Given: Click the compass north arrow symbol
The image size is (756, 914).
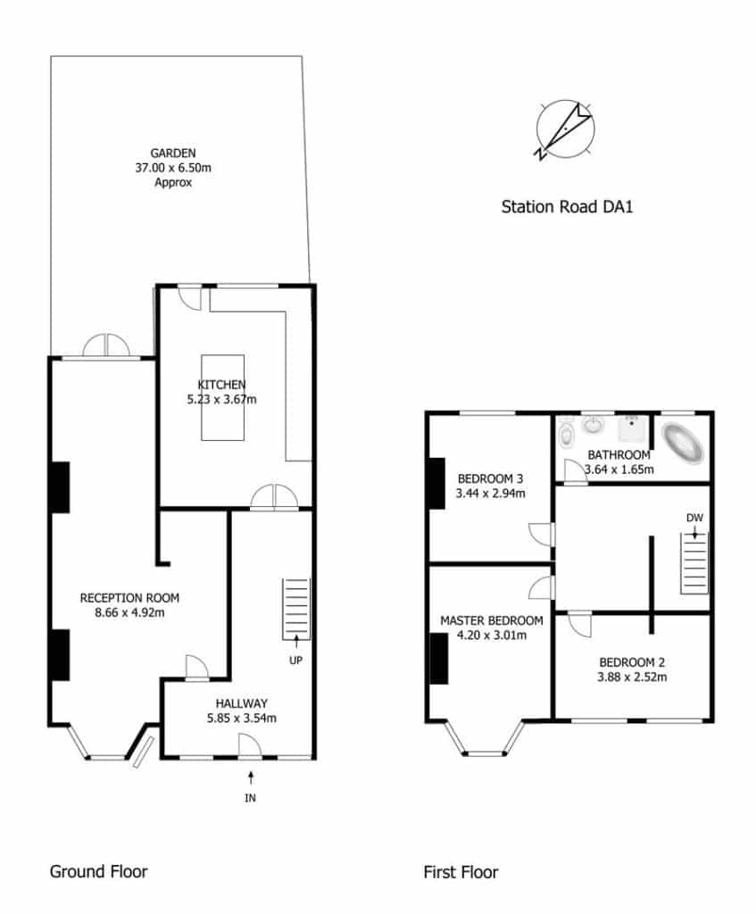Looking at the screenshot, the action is pos(565,129).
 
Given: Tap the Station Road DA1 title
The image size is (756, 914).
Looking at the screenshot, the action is pos(567,207).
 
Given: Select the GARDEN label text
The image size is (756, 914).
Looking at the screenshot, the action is pos(173,154).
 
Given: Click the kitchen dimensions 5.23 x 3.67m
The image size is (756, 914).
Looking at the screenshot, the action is pos(221,400).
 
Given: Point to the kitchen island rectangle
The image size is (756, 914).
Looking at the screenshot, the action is pos(222,397).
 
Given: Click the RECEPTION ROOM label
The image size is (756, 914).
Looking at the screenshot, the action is pos(129,598).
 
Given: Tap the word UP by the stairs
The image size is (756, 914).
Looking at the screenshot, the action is pos(296,661).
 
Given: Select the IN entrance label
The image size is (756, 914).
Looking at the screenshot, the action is pos(250,798).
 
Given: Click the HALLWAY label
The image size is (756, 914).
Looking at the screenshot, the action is pos(241,703).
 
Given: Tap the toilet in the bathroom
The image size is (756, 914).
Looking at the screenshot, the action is pos(566,434).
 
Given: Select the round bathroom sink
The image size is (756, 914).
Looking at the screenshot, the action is pos(594,425).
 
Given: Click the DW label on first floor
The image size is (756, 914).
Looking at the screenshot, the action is pos(694,518).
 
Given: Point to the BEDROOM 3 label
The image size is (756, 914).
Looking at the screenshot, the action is pos(490,479).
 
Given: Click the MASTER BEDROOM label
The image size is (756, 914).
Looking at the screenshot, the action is pos(492,621).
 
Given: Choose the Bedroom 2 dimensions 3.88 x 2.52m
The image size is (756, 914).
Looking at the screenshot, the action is pos(632,677).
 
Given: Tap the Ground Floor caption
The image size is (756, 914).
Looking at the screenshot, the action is pos(98,871).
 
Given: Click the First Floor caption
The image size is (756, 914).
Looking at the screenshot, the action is pos(461,873).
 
